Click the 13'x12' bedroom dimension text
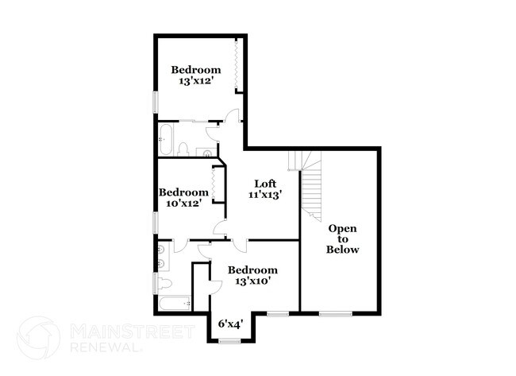tap(196, 82)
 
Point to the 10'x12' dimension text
tap(183, 203)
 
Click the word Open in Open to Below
tap(343, 229)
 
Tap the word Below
tap(343, 250)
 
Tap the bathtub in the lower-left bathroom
tap(173, 303)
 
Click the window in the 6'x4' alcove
tap(229, 341)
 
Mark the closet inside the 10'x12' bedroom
tap(215, 185)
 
